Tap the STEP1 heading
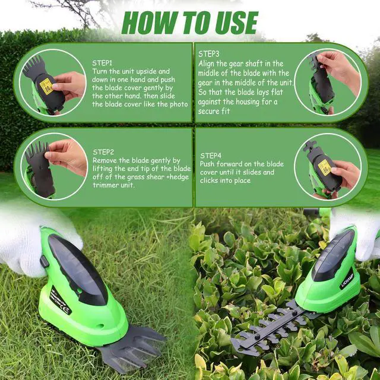pos(102,62)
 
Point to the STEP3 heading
pos(209,53)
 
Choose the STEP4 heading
pos(211,155)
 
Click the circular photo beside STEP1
pos(54,83)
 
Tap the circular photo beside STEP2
pos(54,166)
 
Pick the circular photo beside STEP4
pos(328,166)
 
